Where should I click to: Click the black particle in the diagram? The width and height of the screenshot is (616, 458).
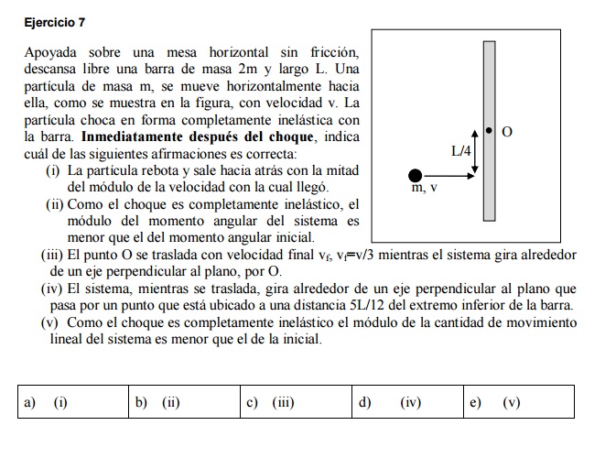[x=416, y=175]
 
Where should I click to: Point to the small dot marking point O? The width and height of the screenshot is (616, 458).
[x=489, y=132]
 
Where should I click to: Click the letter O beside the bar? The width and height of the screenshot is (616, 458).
[x=508, y=134]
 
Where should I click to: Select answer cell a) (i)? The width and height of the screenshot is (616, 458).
[x=73, y=401]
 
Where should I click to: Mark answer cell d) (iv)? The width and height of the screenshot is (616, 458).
[x=408, y=401]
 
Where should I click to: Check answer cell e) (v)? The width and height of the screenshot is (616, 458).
[x=520, y=401]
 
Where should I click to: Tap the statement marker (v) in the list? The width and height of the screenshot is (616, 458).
[x=53, y=322]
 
